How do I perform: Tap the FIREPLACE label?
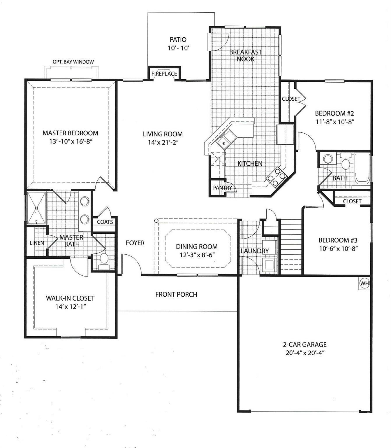click(164, 74)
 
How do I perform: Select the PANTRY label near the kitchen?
click(222, 188)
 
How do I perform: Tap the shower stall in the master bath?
click(36, 207)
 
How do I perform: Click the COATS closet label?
click(105, 222)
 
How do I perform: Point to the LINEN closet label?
click(37, 243)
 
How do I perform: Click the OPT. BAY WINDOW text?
click(73, 62)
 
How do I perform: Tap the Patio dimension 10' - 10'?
click(178, 48)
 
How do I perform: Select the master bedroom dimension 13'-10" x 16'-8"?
click(71, 141)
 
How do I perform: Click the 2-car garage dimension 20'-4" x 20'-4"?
click(305, 353)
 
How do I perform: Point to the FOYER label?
click(135, 243)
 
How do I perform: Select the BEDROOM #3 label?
click(338, 240)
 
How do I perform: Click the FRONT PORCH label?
click(176, 294)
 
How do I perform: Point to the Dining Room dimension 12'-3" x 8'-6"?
click(197, 255)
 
